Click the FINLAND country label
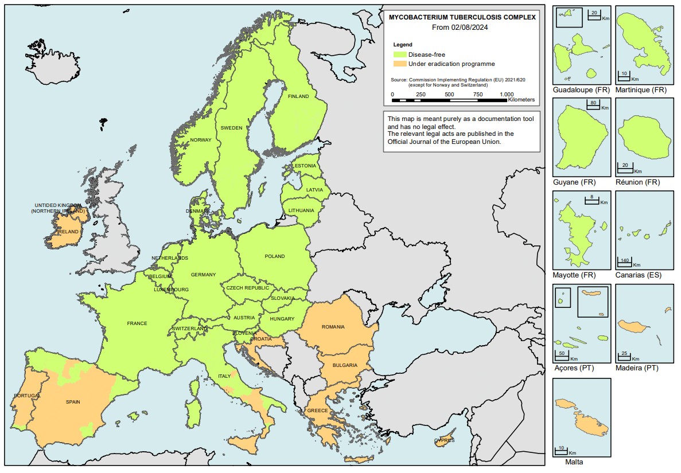298,96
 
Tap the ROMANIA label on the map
333,327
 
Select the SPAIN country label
73,402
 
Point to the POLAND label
274,256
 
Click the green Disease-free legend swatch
399,54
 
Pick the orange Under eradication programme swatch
399,64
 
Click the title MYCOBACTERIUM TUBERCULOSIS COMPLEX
462,17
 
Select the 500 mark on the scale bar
449,95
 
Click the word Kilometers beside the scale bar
521,100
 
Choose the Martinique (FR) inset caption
640,91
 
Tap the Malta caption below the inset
574,462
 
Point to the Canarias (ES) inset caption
638,275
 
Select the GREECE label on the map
317,411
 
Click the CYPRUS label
444,440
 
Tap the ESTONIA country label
305,166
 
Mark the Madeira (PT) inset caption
636,368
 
